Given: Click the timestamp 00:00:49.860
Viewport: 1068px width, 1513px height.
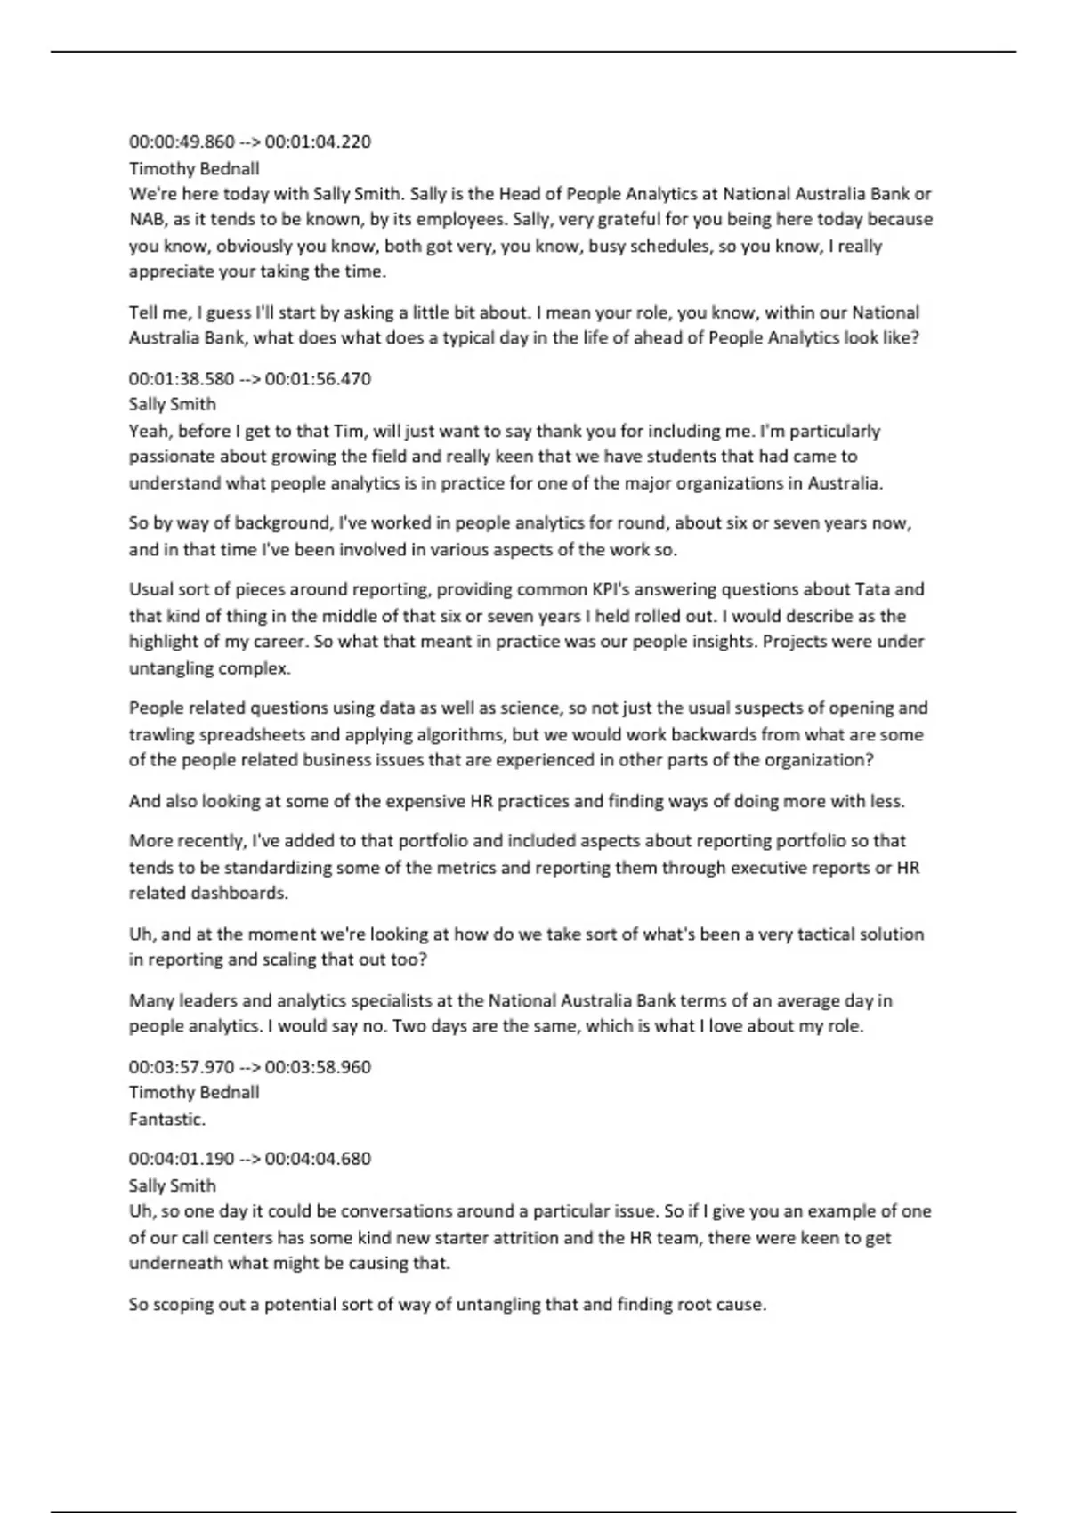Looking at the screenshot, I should [x=182, y=142].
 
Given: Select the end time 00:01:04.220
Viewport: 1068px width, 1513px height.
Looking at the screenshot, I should [x=318, y=142].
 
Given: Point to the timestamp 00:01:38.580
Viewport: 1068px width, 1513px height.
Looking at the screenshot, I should [x=182, y=378].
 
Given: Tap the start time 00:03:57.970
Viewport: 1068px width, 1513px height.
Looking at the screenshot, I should [x=182, y=1066].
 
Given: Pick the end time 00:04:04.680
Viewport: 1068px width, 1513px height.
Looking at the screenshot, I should [x=318, y=1159].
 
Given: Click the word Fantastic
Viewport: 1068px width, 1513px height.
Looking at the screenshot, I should [x=166, y=1119].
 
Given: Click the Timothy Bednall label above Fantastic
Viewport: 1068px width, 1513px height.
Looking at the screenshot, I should [x=194, y=1092].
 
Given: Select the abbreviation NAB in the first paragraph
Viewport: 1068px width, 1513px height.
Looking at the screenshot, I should [x=147, y=219].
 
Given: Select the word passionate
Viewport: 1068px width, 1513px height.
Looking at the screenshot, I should [x=171, y=457].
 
